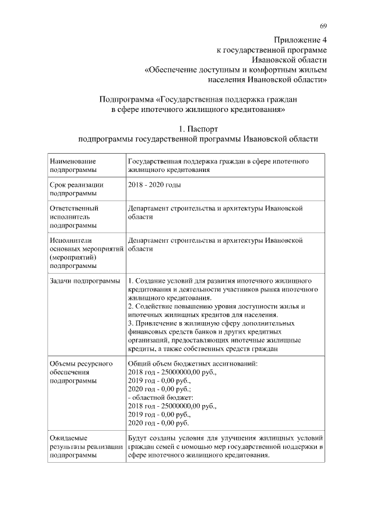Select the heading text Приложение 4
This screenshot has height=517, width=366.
pyautogui.click(x=300, y=41)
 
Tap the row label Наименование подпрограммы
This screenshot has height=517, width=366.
pyautogui.click(x=73, y=166)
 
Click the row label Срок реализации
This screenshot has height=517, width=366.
pyautogui.click(x=77, y=185)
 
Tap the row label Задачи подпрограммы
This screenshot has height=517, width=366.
pyautogui.click(x=85, y=281)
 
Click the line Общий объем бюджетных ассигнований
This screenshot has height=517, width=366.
pyautogui.click(x=193, y=363)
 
